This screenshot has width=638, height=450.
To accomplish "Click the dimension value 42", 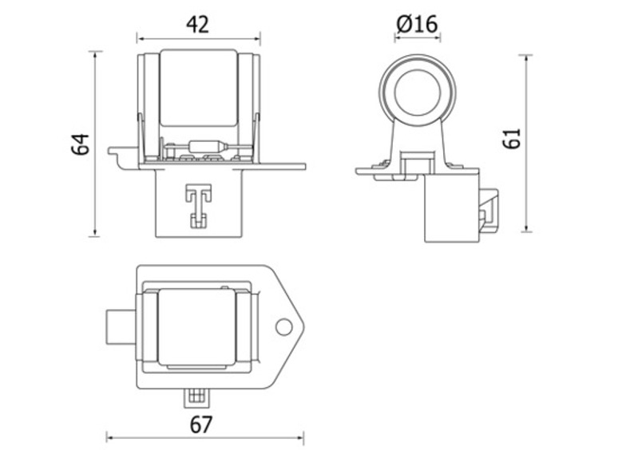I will coord(197,24).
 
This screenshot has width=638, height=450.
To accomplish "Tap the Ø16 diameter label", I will coord(416,24).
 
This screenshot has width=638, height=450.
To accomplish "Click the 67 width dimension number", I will coord(202,424).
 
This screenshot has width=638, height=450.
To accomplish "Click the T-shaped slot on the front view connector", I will coord(196,203).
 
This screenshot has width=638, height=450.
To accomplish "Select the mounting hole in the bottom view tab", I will coord(283,326).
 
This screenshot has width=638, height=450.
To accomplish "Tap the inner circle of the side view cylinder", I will coord(416,89).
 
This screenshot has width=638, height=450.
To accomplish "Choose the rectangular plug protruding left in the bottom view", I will coord(121,326).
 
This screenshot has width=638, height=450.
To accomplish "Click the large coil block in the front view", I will coord(199,88).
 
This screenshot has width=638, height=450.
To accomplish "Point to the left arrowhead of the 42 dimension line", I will coord(140,37).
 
